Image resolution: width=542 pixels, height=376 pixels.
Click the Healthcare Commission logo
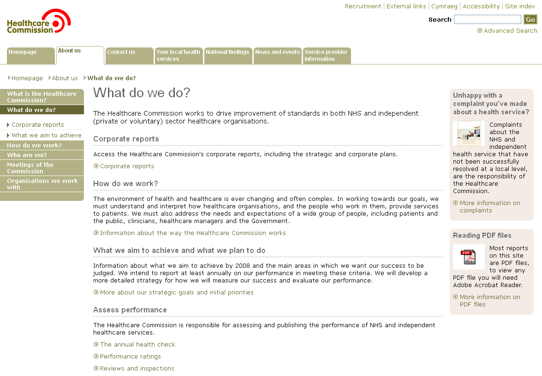point(39,22)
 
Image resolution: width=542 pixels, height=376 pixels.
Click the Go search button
point(530,19)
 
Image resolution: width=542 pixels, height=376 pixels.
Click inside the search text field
point(487,19)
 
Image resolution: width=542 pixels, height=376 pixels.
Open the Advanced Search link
point(510,31)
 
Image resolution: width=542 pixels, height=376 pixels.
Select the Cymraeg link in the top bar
point(444,6)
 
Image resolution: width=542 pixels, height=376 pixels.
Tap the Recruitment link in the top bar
point(363,6)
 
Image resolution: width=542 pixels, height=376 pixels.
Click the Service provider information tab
point(327,55)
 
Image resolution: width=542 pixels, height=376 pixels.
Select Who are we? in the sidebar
point(27,155)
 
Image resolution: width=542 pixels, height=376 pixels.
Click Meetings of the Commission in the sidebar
point(30,168)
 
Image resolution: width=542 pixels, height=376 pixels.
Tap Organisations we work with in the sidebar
point(42,184)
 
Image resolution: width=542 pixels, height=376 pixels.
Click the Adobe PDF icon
point(469,257)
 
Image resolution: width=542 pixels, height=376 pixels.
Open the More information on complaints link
point(490,206)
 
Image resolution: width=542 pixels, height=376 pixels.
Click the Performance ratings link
point(131,357)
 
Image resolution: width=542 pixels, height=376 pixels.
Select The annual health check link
point(137,345)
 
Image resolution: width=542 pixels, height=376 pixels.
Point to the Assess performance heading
point(130,310)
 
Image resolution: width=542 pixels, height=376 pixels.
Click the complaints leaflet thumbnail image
point(469,134)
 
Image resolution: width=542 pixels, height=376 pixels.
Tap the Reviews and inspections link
point(137,369)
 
